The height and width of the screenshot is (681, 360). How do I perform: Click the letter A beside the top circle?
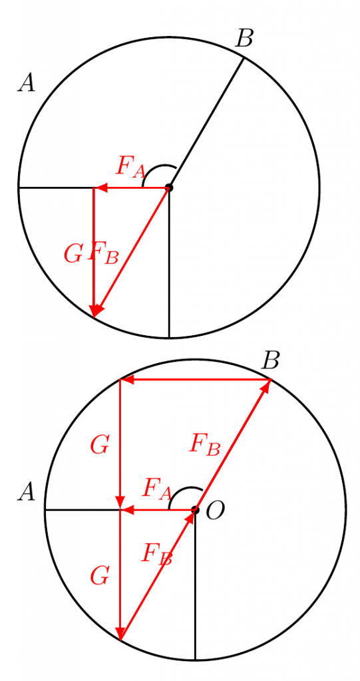pyautogui.click(x=26, y=82)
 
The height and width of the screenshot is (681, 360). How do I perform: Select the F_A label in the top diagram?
pyautogui.click(x=131, y=167)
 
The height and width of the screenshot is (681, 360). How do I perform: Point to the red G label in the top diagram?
pyautogui.click(x=73, y=254)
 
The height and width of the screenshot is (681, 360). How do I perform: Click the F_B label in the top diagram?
pyautogui.click(x=103, y=253)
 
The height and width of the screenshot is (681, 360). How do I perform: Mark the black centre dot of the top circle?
pyautogui.click(x=169, y=188)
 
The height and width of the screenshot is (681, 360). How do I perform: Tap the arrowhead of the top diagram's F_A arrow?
pyautogui.click(x=101, y=188)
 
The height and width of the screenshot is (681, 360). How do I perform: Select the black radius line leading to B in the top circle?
pyautogui.click(x=206, y=122)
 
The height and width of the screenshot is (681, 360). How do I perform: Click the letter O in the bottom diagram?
pyautogui.click(x=215, y=510)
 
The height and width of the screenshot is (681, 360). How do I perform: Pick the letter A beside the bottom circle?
pyautogui.click(x=26, y=493)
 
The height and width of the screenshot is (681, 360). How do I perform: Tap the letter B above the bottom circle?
pyautogui.click(x=270, y=360)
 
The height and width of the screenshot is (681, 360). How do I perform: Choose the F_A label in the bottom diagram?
pyautogui.click(x=157, y=489)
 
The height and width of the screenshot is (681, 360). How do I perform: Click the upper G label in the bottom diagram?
pyautogui.click(x=99, y=446)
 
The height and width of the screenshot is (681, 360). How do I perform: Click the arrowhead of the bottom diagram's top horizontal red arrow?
pyautogui.click(x=126, y=380)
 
